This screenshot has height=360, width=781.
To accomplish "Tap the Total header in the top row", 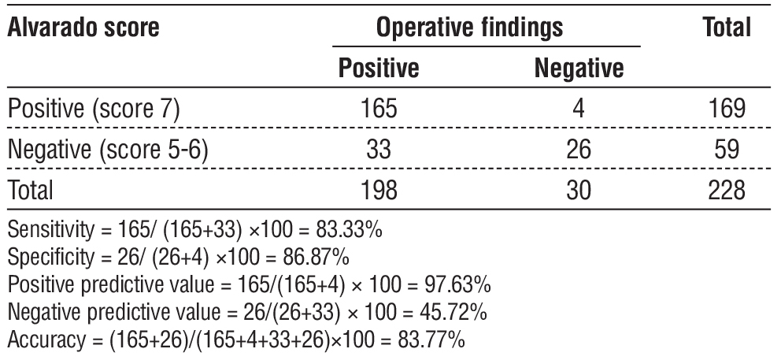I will click(x=726, y=28).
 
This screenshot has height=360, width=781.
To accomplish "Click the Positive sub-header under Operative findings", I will click(x=378, y=69).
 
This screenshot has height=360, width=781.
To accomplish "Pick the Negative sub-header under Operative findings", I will click(x=579, y=69).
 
